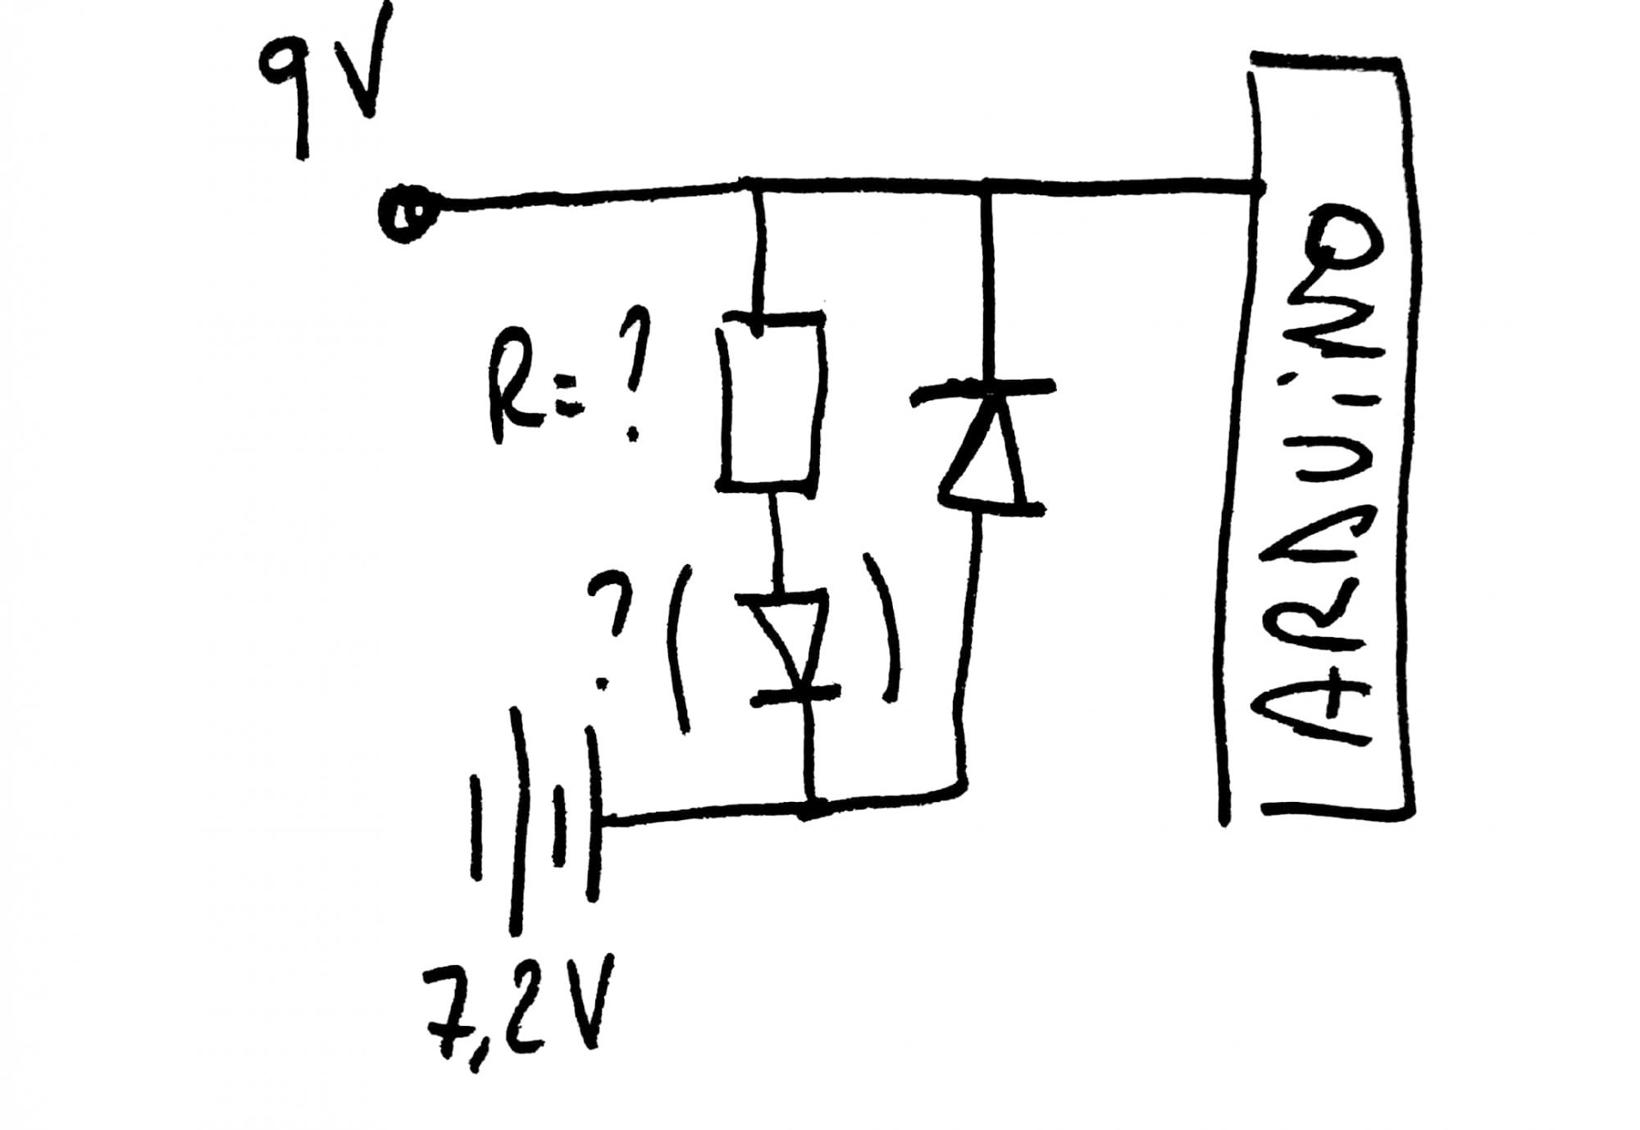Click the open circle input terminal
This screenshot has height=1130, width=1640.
click(x=404, y=211)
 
